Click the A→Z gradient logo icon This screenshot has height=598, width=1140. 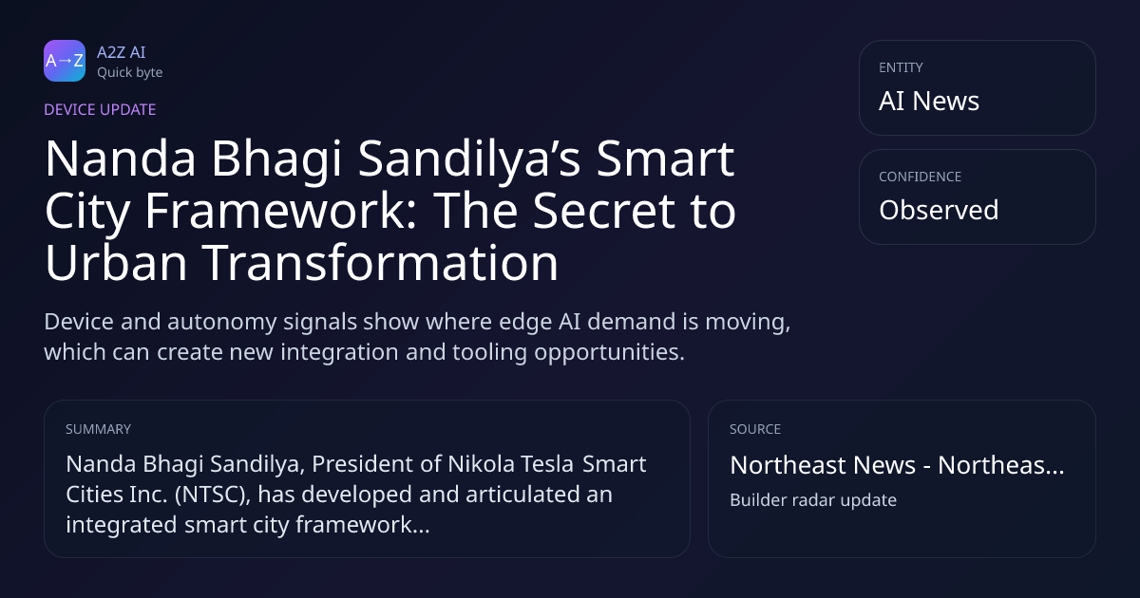[65, 61]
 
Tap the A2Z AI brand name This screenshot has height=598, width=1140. [122, 52]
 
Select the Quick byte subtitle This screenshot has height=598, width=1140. [130, 73]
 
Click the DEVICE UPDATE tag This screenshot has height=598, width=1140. [100, 110]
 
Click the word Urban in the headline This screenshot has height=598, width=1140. [116, 262]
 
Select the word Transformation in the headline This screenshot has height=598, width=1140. [380, 262]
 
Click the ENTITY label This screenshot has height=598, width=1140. [901, 67]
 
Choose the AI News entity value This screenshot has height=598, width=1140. [929, 101]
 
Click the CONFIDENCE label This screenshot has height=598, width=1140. [921, 177]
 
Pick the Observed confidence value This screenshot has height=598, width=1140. [939, 210]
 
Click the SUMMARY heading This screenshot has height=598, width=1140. [98, 429]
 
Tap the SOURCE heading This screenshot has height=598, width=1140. [755, 429]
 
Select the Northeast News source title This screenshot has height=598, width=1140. [897, 465]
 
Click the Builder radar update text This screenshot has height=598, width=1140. [813, 500]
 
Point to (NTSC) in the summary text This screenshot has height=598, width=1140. [213, 495]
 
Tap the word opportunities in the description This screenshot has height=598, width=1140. [609, 352]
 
